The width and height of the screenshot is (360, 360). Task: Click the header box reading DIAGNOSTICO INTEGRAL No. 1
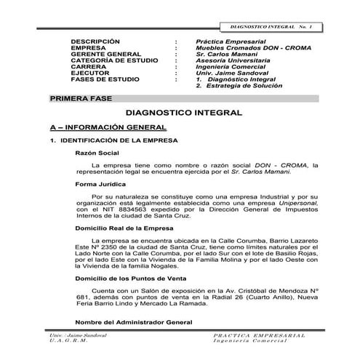[271, 26]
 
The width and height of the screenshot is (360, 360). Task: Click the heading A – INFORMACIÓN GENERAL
[108, 127]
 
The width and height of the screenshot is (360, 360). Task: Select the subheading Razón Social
[97, 153]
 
